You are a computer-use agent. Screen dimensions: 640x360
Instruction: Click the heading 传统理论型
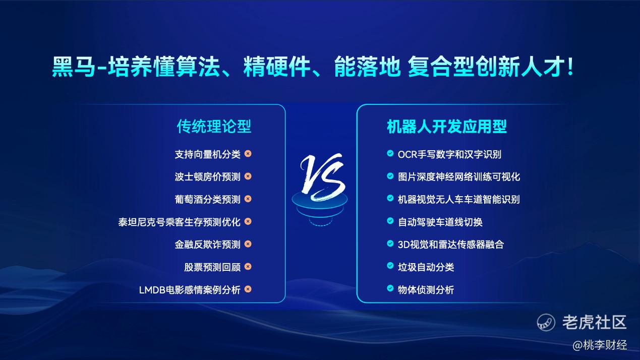[x=214, y=126]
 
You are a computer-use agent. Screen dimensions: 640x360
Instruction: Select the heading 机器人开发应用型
[x=446, y=126]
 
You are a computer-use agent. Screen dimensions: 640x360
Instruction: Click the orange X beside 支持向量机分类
[x=248, y=154]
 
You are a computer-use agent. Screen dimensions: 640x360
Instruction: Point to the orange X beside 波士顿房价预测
[x=248, y=176]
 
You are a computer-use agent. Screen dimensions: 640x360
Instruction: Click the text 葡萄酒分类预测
[x=207, y=199]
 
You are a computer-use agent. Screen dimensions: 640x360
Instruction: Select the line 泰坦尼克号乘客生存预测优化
[x=179, y=222]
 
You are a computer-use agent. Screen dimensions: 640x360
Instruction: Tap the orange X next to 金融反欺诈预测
[x=248, y=244]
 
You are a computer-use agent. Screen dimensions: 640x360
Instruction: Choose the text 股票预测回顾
[x=212, y=267]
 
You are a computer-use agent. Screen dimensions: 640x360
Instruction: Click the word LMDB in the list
[x=152, y=290]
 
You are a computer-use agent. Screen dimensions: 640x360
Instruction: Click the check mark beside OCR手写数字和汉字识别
[x=390, y=153]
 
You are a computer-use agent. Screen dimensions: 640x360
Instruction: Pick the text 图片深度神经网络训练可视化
[x=459, y=176]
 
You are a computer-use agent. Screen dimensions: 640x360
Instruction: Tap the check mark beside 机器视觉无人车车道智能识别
[x=390, y=198]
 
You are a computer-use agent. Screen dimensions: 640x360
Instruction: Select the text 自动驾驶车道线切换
[x=440, y=222]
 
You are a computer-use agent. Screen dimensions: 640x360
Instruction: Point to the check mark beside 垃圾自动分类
[x=390, y=266]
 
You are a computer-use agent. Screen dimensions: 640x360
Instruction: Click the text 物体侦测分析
[x=426, y=290]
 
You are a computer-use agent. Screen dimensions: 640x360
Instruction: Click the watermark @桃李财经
[x=600, y=345]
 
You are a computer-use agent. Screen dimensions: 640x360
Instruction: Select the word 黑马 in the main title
[x=74, y=67]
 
